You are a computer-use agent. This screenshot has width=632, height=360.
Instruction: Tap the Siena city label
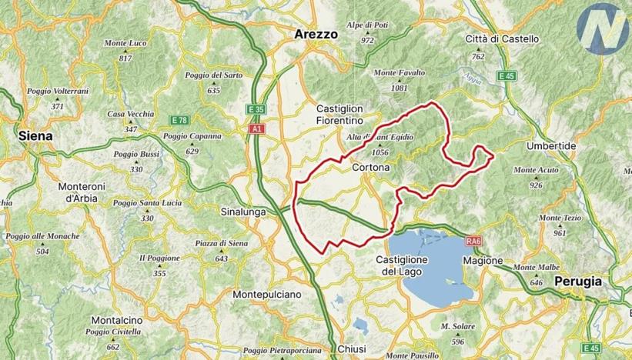[36, 135]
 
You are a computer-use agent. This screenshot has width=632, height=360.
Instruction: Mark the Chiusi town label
[352, 349]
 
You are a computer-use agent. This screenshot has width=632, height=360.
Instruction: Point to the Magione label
[483, 261]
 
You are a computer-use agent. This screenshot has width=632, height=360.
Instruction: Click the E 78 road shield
[179, 120]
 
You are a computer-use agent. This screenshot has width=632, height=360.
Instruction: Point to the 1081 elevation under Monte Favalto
[399, 88]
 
